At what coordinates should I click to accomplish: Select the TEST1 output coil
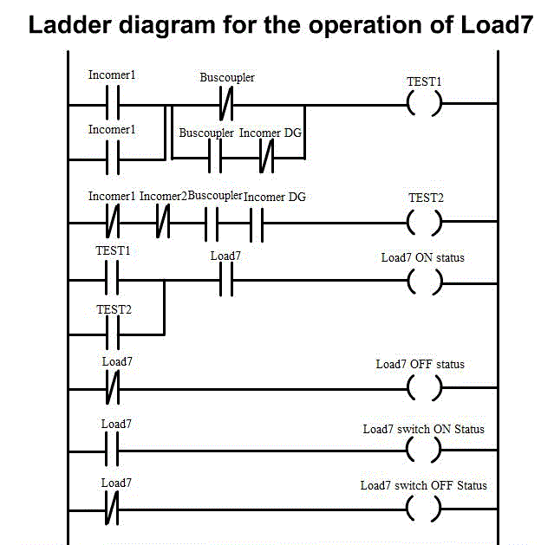[424, 106]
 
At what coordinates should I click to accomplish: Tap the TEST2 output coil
[424, 223]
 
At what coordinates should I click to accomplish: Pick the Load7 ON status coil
[424, 281]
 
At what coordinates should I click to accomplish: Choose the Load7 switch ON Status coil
[424, 450]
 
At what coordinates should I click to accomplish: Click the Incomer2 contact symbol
[162, 223]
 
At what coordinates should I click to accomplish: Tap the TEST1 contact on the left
[111, 281]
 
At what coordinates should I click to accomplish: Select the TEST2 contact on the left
[111, 332]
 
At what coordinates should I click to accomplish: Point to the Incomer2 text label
[163, 197]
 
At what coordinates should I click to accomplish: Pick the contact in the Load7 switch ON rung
[111, 450]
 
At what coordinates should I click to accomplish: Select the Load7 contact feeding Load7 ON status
[225, 281]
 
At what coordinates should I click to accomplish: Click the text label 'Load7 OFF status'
[420, 364]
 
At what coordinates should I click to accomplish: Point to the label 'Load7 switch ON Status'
[423, 429]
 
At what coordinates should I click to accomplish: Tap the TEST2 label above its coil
[426, 198]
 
